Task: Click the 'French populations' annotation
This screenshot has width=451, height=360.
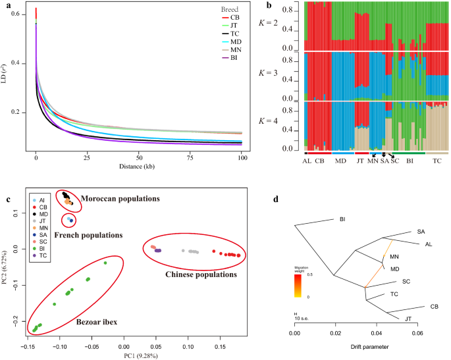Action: tap(89, 234)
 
